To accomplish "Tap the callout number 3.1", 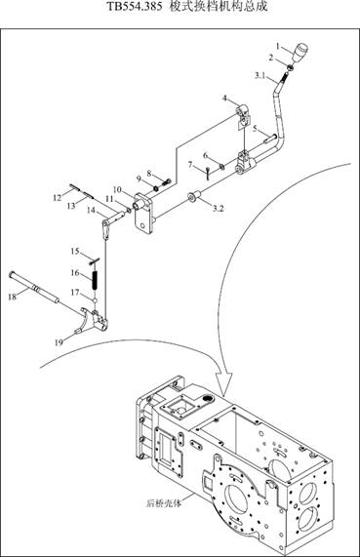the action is (x=260, y=76).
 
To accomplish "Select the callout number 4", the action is (x=225, y=99).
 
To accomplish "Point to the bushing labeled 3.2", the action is (x=194, y=196).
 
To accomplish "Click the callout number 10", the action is (x=117, y=189).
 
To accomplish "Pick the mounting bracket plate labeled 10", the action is (x=143, y=213).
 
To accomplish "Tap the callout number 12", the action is (x=58, y=197).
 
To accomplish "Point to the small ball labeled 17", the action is (x=95, y=300).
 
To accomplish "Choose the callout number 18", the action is (x=13, y=297).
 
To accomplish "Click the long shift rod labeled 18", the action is (x=34, y=288).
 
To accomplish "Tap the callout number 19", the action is (x=59, y=342).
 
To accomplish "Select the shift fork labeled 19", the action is (x=93, y=320).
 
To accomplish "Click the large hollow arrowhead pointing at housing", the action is (x=223, y=383).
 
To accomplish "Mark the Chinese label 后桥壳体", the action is (x=164, y=503).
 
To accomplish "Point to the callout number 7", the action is (x=190, y=165).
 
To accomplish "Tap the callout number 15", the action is (x=74, y=252).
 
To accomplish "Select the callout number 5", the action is (x=256, y=129).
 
